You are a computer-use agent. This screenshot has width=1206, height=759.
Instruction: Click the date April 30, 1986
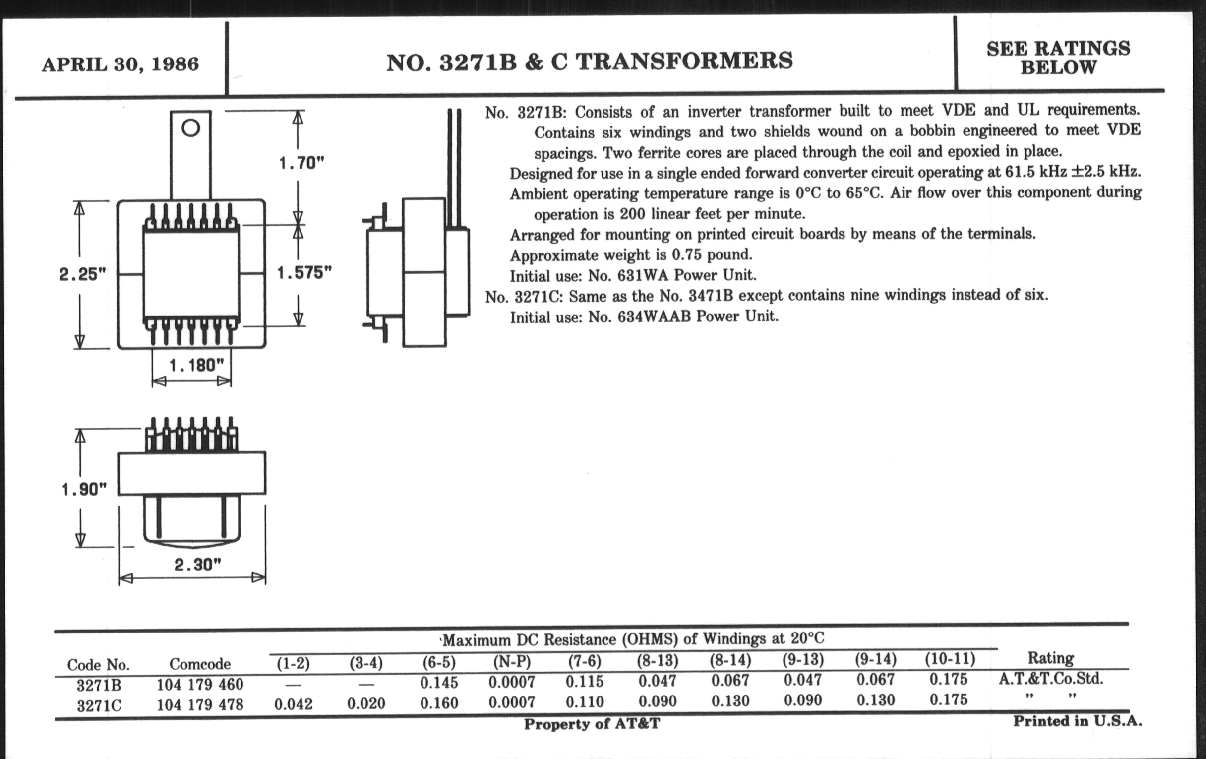pos(120,64)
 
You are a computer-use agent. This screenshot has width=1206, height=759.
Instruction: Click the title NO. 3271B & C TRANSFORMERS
pos(590,62)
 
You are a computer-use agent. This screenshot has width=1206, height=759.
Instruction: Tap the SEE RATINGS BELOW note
pos(1058,58)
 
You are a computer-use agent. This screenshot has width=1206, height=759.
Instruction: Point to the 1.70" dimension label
pos(301,163)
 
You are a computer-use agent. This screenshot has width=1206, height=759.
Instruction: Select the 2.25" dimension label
pos(83,274)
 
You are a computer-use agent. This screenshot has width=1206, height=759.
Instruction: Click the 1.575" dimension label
pos(304,272)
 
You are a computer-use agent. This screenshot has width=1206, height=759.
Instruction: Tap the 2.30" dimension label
pos(197,565)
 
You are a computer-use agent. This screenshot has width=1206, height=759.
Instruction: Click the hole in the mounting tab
pos(191,128)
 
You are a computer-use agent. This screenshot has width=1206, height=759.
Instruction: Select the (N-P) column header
pos(511,662)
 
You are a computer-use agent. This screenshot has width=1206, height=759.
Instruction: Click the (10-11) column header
pos(950,659)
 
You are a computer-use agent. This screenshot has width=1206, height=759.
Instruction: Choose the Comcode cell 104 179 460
pos(200,684)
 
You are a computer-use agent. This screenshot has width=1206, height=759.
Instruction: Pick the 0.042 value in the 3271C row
pos(294,704)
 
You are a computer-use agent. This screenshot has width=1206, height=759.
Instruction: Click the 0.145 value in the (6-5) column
pos(439,682)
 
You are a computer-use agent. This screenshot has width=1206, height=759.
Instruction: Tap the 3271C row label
pos(99,706)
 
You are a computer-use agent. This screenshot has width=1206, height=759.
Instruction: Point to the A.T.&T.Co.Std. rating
pos(1051,679)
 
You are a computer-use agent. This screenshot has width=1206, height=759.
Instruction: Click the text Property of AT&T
pos(592,724)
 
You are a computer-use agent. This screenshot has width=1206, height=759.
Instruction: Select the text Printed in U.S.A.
pos(1077,721)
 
